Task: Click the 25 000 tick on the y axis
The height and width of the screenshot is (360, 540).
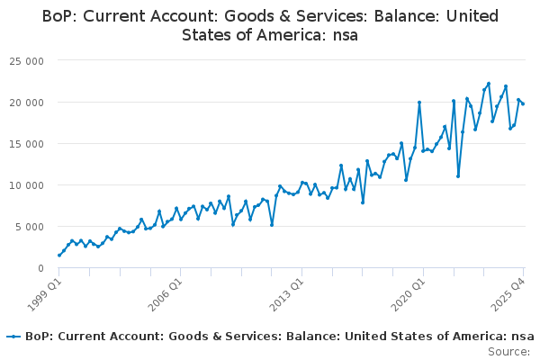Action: click(28, 61)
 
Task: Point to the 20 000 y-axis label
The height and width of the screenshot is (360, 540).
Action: click(28, 103)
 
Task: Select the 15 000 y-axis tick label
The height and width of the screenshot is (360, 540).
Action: click(28, 144)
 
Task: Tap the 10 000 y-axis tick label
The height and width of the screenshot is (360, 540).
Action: click(28, 185)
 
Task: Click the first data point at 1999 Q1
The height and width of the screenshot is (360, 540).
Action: click(59, 256)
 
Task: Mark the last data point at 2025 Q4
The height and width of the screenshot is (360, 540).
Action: click(523, 104)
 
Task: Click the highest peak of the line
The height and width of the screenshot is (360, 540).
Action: click(489, 84)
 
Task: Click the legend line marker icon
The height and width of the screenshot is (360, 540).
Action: click(13, 337)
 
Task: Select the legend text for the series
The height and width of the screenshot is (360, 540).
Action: click(279, 337)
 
